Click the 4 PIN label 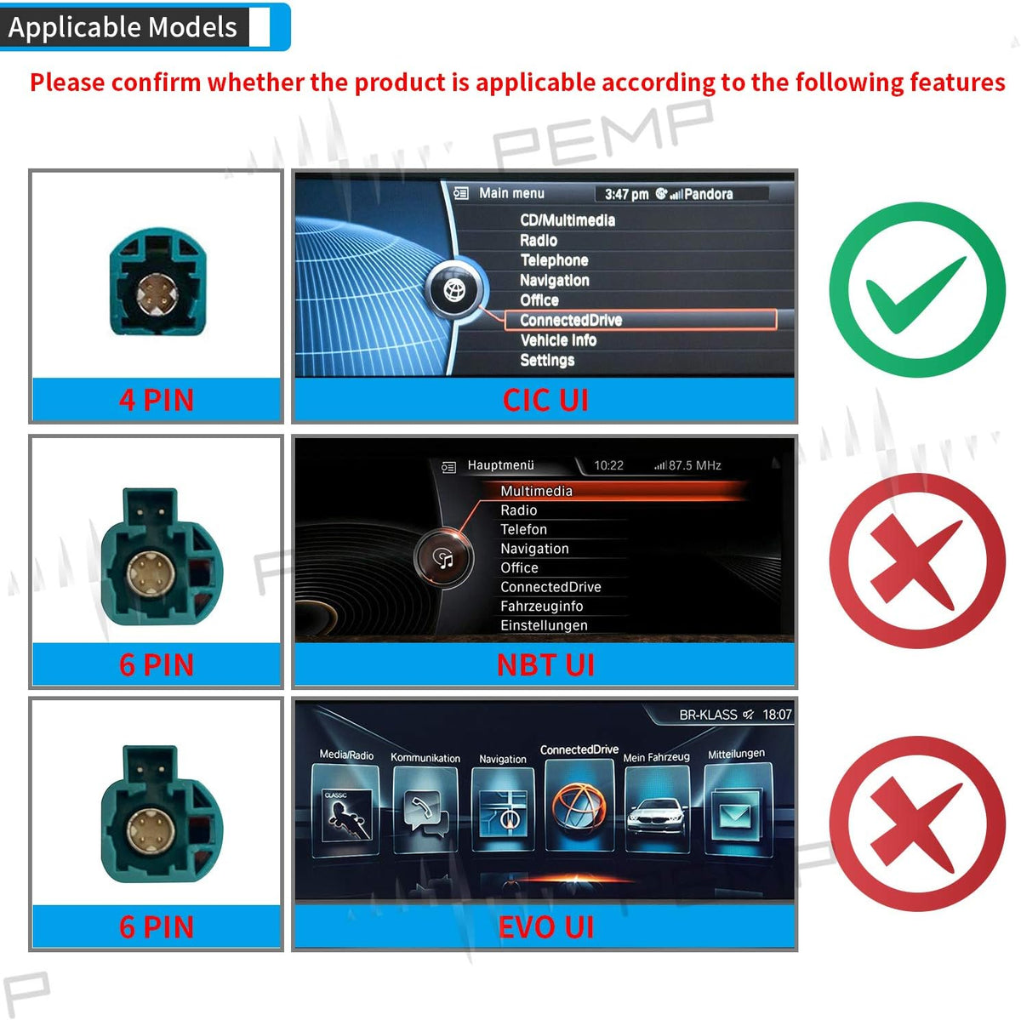[157, 400]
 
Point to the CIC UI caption [545, 400]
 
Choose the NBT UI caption [545, 664]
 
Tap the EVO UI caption [545, 926]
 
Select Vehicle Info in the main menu [558, 340]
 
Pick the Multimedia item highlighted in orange [536, 491]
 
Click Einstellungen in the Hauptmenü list [544, 625]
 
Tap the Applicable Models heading [123, 27]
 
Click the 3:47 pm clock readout [627, 194]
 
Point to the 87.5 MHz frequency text [694, 465]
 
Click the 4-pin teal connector [157, 282]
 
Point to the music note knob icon [444, 558]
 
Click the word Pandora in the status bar [709, 194]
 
